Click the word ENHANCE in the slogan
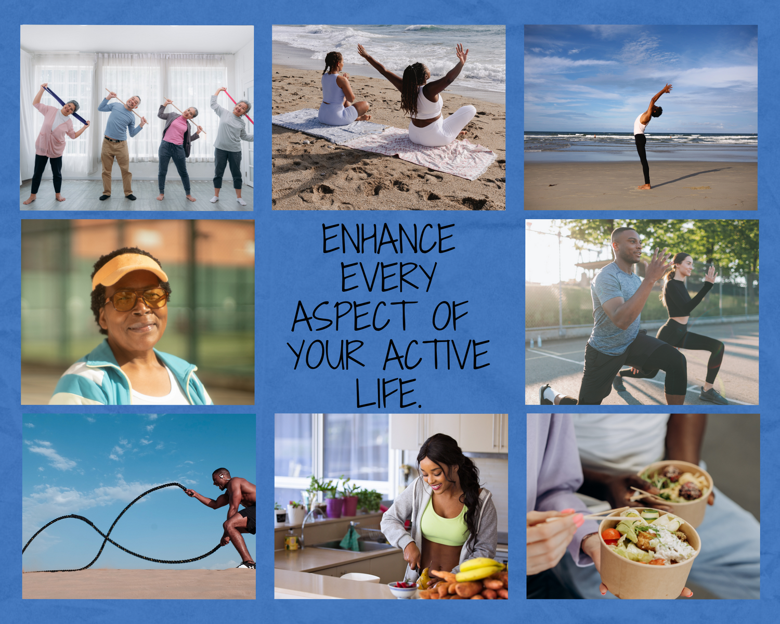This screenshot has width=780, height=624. (388, 239)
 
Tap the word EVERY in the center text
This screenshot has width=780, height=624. (388, 277)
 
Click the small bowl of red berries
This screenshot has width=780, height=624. (402, 589)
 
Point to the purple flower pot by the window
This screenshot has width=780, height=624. (334, 507)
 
